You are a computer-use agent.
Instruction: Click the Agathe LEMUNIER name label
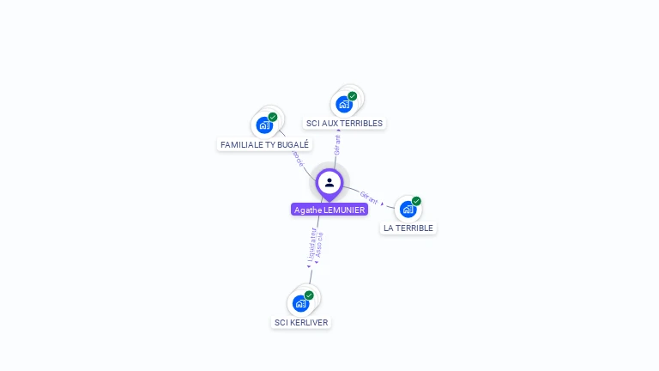pyautogui.click(x=329, y=210)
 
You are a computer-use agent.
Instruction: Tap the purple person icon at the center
pyautogui.click(x=329, y=182)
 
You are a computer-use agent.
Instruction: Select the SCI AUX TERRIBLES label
pyautogui.click(x=344, y=124)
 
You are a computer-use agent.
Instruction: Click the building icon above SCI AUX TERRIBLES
pyautogui.click(x=344, y=105)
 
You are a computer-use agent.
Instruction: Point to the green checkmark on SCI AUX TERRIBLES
pyautogui.click(x=353, y=96)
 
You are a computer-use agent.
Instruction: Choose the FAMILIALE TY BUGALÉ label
pyautogui.click(x=264, y=145)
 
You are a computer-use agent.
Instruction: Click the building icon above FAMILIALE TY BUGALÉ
pyautogui.click(x=264, y=125)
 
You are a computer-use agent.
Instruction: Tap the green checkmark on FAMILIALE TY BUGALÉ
pyautogui.click(x=273, y=117)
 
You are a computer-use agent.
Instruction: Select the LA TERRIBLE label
pyautogui.click(x=408, y=228)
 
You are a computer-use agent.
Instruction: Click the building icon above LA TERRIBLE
pyautogui.click(x=408, y=209)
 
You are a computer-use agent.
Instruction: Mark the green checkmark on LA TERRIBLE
pyautogui.click(x=416, y=201)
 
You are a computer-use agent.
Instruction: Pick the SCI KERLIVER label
pyautogui.click(x=300, y=323)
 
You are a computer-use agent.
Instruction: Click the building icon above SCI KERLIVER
pyautogui.click(x=300, y=303)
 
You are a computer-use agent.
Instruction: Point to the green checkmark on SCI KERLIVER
pyautogui.click(x=309, y=295)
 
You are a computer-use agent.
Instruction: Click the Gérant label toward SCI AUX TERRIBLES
pyautogui.click(x=337, y=144)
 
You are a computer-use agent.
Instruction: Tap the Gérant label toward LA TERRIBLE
pyautogui.click(x=369, y=197)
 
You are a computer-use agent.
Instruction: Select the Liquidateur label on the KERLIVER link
pyautogui.click(x=311, y=246)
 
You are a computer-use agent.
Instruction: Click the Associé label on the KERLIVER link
pyautogui.click(x=319, y=246)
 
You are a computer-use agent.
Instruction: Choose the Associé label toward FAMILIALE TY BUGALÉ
pyautogui.click(x=298, y=157)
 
